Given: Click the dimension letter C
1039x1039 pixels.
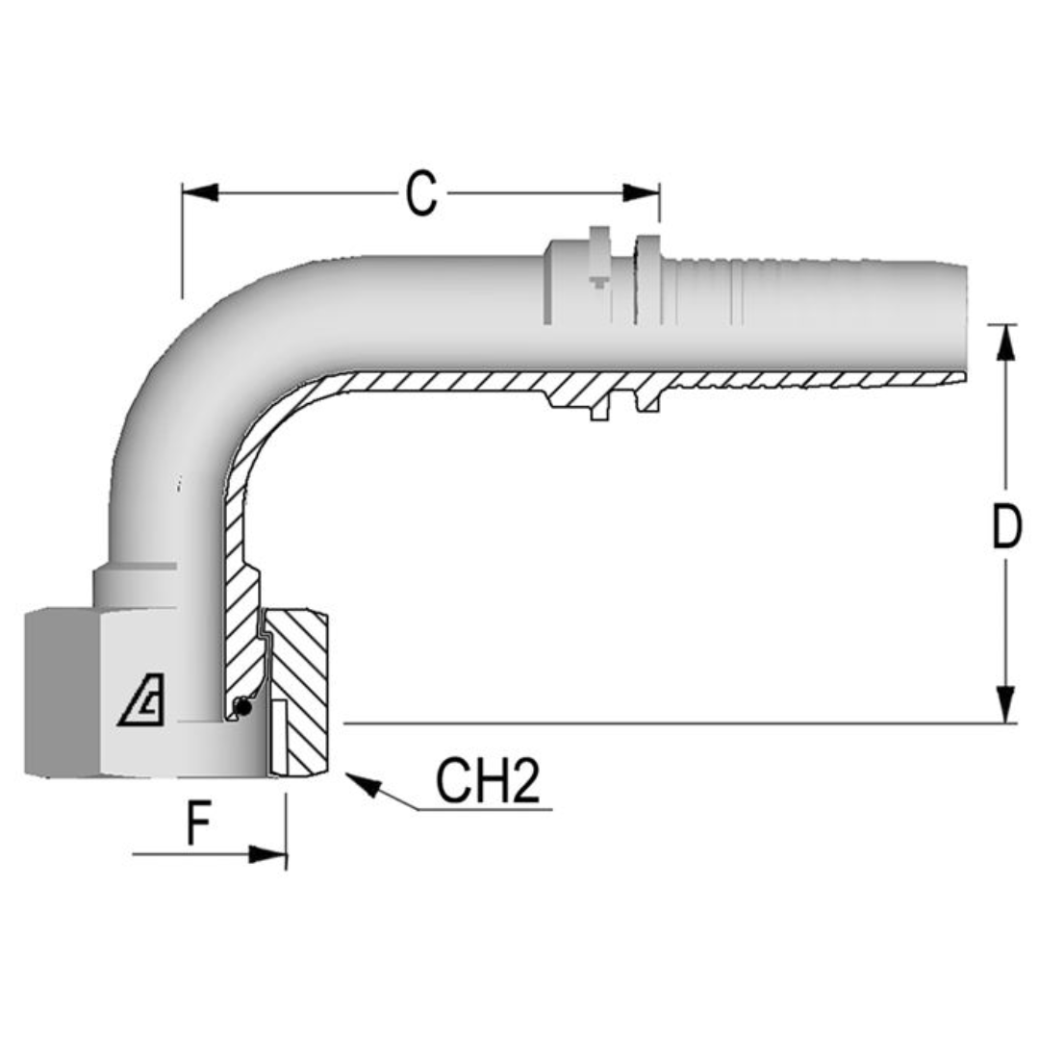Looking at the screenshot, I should point(421,193).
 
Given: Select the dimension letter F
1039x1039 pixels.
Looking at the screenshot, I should point(198,824).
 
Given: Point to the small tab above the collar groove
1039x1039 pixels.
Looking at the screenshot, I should point(599,236).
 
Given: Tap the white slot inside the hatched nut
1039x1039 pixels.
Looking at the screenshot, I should point(278,737).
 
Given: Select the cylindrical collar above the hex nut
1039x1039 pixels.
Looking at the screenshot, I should point(135,587).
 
